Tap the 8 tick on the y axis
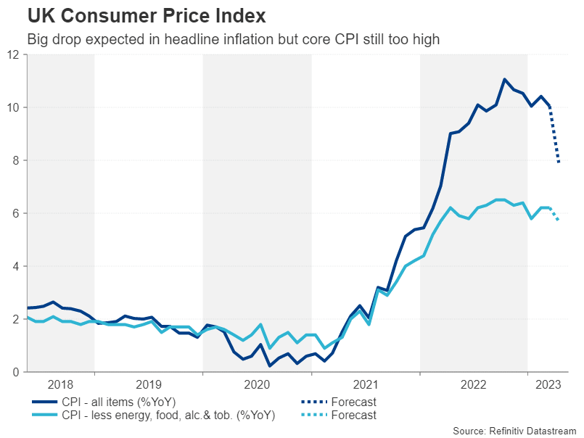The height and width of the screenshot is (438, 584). [x=16, y=160]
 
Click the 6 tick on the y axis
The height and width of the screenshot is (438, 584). [x=16, y=213]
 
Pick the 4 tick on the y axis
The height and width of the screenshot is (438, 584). [x=16, y=266]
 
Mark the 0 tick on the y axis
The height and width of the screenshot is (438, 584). [x=16, y=372]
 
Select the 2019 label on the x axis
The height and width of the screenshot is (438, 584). [x=149, y=384]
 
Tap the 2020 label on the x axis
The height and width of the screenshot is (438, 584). [x=258, y=384]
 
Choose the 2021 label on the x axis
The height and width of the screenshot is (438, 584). [x=366, y=384]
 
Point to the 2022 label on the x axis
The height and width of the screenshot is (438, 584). [x=474, y=384]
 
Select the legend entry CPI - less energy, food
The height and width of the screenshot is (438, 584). [x=152, y=415]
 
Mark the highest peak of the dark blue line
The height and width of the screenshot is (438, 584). [x=504, y=79]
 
